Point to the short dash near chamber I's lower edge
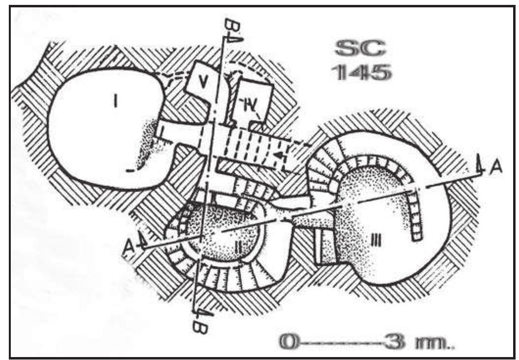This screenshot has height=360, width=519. pyautogui.click(x=129, y=171)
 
